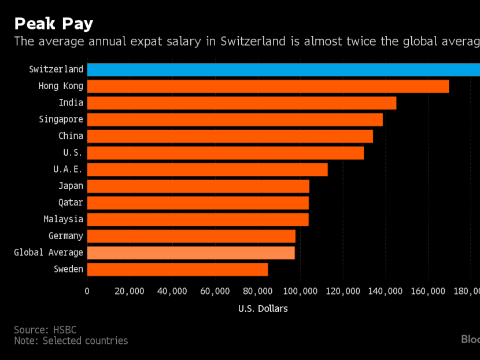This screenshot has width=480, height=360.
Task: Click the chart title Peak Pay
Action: pyautogui.click(x=53, y=24)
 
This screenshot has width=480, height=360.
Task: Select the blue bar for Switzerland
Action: pyautogui.click(x=283, y=69)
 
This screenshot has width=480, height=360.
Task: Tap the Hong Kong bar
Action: pyautogui.click(x=268, y=86)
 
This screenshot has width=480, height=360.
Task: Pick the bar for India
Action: pyautogui.click(x=241, y=103)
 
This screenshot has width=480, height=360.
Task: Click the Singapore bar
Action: pyautogui.click(x=235, y=120)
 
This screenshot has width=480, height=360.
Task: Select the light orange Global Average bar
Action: pyautogui.click(x=191, y=252)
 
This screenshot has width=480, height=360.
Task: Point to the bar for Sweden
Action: pyautogui.click(x=178, y=269)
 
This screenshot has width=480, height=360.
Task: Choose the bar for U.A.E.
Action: pyautogui.click(x=207, y=170)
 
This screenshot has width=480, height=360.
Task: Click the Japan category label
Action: pyautogui.click(x=71, y=186)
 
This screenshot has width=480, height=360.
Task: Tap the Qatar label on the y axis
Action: pyautogui.click(x=71, y=203)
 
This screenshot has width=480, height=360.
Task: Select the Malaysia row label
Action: pyautogui.click(x=63, y=219)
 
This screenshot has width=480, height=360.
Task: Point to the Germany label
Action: pyautogui.click(x=66, y=236)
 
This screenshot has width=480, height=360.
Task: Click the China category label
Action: pyautogui.click(x=71, y=136)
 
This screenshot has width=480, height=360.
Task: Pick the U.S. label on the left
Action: pyautogui.click(x=73, y=153)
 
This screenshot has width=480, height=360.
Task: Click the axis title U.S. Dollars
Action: pyautogui.click(x=263, y=308)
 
